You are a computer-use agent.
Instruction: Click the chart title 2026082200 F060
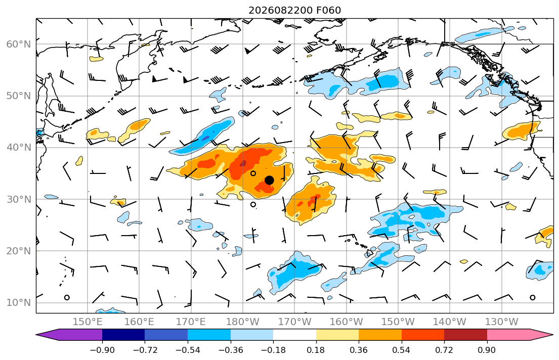tap(294, 10)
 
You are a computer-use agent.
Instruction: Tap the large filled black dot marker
tap(270, 181)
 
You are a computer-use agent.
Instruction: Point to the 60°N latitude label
tap(19, 44)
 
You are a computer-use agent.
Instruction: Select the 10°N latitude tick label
tap(19, 303)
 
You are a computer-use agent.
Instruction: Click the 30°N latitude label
tap(19, 199)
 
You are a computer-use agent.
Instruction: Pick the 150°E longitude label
tap(88, 322)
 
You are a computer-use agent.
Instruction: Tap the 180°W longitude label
tap(243, 322)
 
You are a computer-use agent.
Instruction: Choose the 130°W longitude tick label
tap(502, 322)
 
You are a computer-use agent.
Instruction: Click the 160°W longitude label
tap(346, 322)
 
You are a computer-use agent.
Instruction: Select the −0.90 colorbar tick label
tap(102, 350)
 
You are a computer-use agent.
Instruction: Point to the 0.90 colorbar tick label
tap(487, 350)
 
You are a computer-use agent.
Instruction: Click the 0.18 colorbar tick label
tap(316, 350)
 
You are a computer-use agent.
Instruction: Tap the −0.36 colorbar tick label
tap(231, 350)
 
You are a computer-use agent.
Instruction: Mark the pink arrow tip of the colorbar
tap(552, 335)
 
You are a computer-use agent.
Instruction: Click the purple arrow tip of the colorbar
tap(37, 335)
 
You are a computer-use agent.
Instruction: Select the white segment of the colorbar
tap(294, 335)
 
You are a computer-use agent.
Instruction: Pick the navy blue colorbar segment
tap(123, 335)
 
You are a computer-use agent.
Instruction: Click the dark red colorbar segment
tap(465, 335)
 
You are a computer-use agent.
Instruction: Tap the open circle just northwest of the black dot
tap(253, 173)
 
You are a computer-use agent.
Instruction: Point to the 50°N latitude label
tap(19, 96)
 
